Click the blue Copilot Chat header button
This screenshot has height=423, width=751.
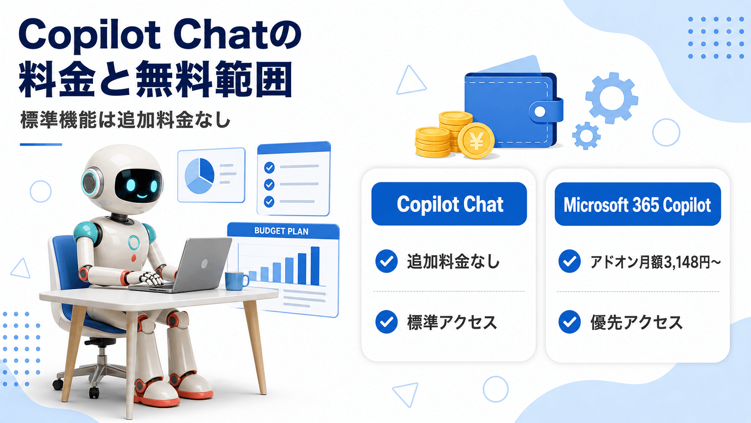[449, 204]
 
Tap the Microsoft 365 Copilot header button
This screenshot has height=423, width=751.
[638, 204]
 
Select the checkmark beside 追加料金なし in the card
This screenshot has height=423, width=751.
[387, 261]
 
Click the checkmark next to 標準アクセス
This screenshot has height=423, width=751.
[387, 322]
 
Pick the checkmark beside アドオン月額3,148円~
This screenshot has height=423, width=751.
[570, 261]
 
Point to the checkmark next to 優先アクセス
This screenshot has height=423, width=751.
[570, 322]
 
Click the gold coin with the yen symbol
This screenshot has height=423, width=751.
[476, 141]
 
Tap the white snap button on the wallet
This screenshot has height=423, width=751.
[540, 111]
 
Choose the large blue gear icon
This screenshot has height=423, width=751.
[612, 98]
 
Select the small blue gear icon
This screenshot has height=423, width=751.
[586, 135]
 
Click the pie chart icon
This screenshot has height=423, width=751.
[199, 176]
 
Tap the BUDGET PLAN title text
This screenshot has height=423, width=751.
[281, 231]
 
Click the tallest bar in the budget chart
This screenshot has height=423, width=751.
[315, 266]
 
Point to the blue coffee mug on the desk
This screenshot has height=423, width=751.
[236, 281]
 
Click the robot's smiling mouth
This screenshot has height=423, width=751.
[142, 196]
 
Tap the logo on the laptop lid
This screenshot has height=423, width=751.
[204, 264]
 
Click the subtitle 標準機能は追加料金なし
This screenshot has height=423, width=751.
[125, 120]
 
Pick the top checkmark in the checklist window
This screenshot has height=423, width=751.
[269, 167]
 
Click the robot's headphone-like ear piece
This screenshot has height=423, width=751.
[91, 183]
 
